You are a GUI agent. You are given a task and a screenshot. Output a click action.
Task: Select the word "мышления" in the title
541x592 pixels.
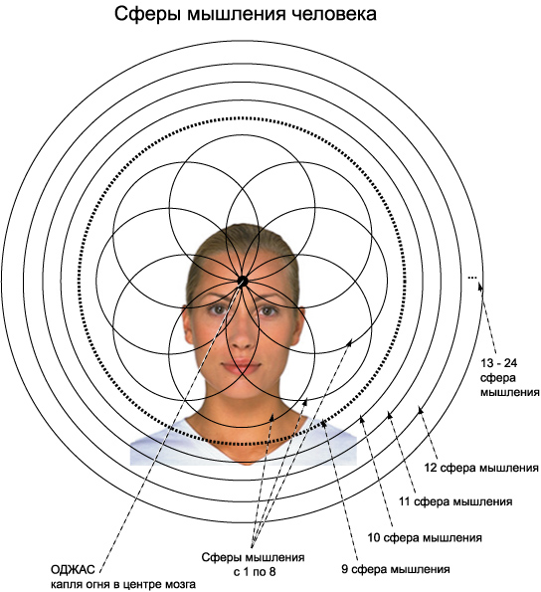[237, 15]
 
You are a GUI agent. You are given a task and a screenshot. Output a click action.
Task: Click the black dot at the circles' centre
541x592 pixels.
[243, 281]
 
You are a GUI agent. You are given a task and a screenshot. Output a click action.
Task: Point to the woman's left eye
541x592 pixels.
[268, 310]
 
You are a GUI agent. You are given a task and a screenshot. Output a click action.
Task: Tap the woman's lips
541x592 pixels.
[241, 367]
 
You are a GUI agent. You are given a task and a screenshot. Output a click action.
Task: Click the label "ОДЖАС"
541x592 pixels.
[73, 569]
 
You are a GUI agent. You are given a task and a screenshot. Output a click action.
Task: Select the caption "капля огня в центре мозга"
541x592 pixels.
[123, 584]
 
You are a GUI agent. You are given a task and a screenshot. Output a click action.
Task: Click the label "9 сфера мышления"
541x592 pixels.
[396, 569]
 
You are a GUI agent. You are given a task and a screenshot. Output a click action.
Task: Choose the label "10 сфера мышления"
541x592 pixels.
[425, 537]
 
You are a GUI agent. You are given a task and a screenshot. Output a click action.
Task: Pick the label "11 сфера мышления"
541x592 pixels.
[455, 501]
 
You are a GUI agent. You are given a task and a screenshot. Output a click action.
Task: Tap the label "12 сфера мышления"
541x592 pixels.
[481, 468]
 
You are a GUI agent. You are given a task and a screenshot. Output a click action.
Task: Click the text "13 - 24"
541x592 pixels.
[498, 363]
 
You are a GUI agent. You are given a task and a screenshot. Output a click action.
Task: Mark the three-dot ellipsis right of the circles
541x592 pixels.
[472, 278]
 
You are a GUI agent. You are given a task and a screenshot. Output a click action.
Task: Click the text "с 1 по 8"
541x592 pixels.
[255, 572]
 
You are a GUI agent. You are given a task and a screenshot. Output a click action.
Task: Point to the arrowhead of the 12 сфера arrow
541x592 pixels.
[420, 409]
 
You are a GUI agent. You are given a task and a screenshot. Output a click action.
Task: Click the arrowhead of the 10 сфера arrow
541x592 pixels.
[361, 418]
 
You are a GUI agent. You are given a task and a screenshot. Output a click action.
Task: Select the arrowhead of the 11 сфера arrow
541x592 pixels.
[390, 415]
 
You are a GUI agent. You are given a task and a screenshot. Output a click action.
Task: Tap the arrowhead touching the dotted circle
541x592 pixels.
[323, 423]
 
